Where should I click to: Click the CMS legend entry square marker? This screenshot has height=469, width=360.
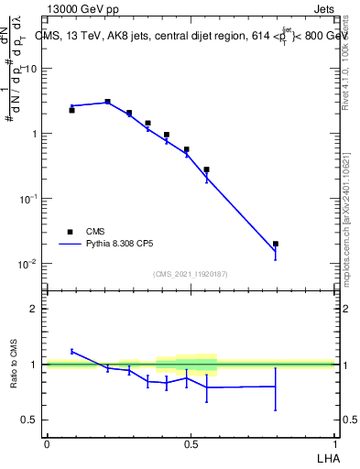(x=71, y=232)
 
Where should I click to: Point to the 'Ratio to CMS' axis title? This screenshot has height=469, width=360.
(x=14, y=364)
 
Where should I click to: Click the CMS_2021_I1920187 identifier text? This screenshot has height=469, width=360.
(x=191, y=274)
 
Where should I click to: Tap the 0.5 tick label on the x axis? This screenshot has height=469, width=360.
(x=191, y=443)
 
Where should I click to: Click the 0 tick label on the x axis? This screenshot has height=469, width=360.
(x=47, y=443)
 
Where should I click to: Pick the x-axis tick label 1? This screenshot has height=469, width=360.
(x=334, y=443)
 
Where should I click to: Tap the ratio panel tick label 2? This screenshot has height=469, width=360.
(x=34, y=309)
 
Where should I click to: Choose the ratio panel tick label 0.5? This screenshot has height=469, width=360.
(x=29, y=420)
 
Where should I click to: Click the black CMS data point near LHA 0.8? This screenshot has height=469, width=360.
(x=276, y=244)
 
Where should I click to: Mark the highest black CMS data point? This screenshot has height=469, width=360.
(x=107, y=102)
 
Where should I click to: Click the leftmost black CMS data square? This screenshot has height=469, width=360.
(x=71, y=110)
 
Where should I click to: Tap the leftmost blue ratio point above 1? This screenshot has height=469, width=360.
(x=71, y=351)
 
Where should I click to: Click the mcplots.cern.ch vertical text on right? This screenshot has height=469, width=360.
(x=346, y=247)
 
